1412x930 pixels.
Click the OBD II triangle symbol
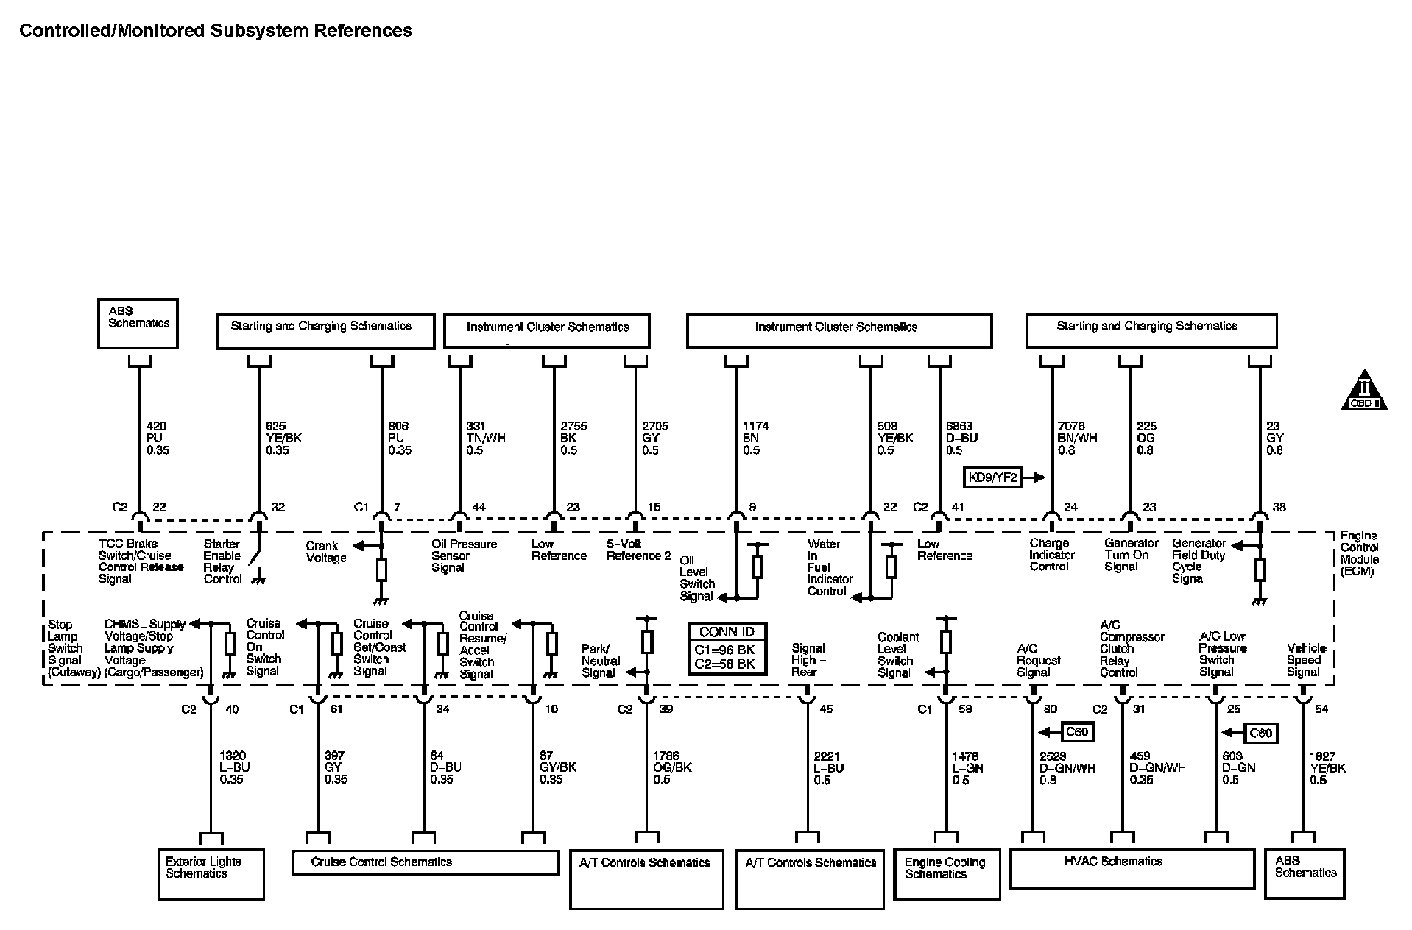(x=1364, y=391)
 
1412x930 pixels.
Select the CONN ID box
(x=727, y=648)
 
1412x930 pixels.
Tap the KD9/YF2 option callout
(x=994, y=477)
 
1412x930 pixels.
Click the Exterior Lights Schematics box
(x=211, y=873)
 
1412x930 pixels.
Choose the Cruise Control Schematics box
(x=426, y=862)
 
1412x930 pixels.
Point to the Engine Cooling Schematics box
(x=946, y=873)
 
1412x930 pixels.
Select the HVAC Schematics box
(x=1132, y=868)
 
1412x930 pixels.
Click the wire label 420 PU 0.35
(x=158, y=438)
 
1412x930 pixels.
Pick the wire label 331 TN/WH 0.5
(x=485, y=438)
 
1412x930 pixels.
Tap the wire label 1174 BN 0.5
(x=755, y=438)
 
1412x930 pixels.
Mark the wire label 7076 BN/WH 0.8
(x=1077, y=438)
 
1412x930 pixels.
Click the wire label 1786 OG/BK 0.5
(x=671, y=767)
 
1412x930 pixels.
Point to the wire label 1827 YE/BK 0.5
(x=1327, y=767)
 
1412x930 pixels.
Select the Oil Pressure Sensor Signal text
(x=464, y=555)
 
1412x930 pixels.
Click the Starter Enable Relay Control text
(x=222, y=561)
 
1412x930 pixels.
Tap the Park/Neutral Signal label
(x=601, y=661)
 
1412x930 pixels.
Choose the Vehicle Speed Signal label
(x=1306, y=660)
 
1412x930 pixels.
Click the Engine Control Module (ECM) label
(x=1359, y=553)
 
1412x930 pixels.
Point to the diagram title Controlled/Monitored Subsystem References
(x=216, y=30)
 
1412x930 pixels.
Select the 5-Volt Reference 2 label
(x=638, y=550)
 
